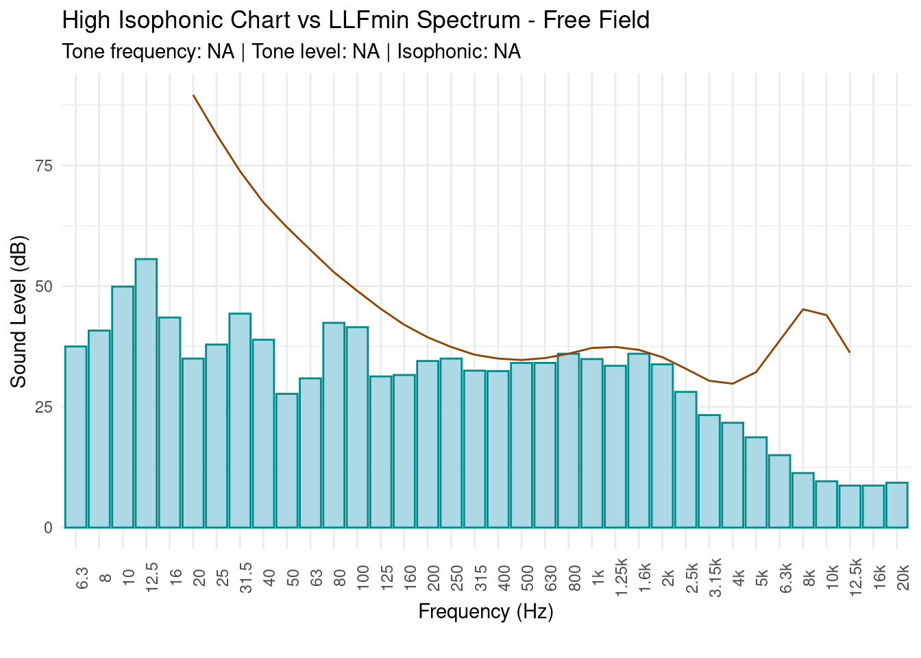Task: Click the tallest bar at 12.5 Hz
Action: click(x=146, y=393)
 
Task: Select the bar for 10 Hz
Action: click(x=123, y=407)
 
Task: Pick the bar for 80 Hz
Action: click(x=334, y=425)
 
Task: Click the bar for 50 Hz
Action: click(x=286, y=461)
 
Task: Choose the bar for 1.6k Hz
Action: click(x=639, y=441)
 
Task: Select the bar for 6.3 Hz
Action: click(x=75, y=437)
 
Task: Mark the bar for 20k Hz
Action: click(x=897, y=505)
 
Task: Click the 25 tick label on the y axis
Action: click(x=43, y=407)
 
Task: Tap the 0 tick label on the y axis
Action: click(x=48, y=528)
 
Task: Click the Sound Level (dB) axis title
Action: click(x=19, y=312)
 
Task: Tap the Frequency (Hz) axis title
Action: click(x=486, y=611)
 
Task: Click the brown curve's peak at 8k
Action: click(x=803, y=309)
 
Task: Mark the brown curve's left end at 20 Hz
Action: click(x=193, y=95)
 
